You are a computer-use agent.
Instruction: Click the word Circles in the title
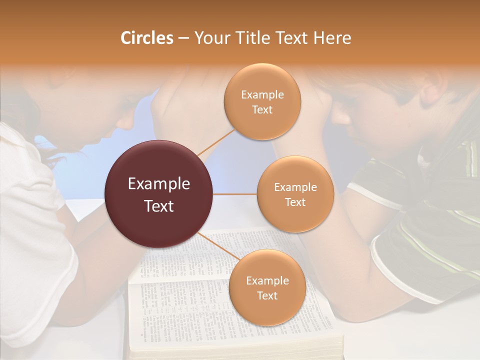click(147, 38)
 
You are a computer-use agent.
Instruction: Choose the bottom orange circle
click(267, 310)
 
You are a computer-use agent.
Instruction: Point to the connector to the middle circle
click(235, 194)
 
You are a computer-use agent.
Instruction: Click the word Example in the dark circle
click(159, 184)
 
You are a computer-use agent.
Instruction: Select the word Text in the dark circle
click(159, 206)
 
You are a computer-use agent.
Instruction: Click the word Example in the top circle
click(262, 95)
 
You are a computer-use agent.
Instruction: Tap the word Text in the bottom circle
click(267, 295)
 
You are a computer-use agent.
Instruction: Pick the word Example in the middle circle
click(295, 187)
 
